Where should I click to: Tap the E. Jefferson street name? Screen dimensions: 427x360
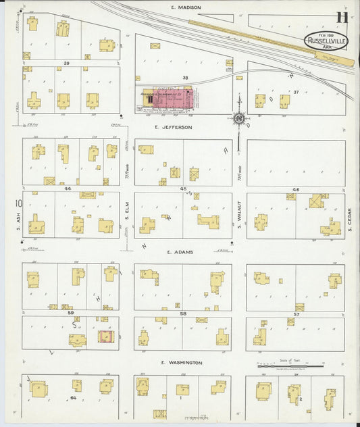click(x=173, y=127)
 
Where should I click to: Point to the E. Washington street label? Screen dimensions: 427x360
click(x=182, y=363)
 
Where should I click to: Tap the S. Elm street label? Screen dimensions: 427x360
click(x=126, y=216)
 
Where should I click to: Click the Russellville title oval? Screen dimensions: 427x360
click(x=326, y=41)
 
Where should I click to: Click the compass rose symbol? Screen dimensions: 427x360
click(x=239, y=119)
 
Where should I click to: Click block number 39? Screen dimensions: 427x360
click(x=67, y=62)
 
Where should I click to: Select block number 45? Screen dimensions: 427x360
click(x=183, y=189)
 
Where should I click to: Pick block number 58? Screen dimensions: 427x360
click(x=183, y=314)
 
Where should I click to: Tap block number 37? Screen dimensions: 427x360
click(x=296, y=92)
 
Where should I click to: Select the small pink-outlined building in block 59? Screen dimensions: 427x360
click(x=105, y=336)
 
